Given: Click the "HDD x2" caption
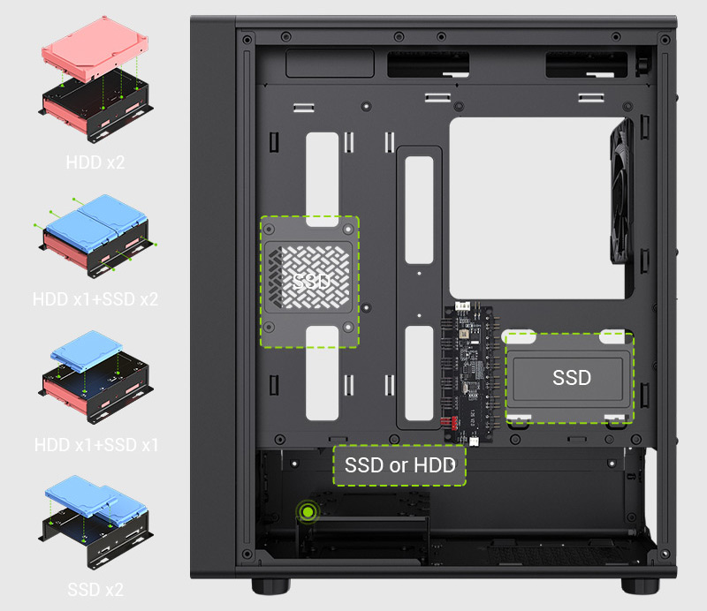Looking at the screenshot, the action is pos(95,162).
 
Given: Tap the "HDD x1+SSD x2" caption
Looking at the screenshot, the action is pos(95,299).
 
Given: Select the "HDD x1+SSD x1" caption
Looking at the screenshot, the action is pos(96,445).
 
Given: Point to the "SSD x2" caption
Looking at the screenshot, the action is pos(95,590).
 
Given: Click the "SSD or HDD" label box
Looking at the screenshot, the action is pos(399,465).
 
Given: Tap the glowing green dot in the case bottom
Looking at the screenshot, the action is pos(308,511).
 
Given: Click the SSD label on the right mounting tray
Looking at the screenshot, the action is pos(572,378).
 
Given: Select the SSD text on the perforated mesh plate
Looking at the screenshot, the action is pos(311,282).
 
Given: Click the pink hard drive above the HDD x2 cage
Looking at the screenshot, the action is pos(95,49).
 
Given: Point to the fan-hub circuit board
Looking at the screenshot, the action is pos(468,373).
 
